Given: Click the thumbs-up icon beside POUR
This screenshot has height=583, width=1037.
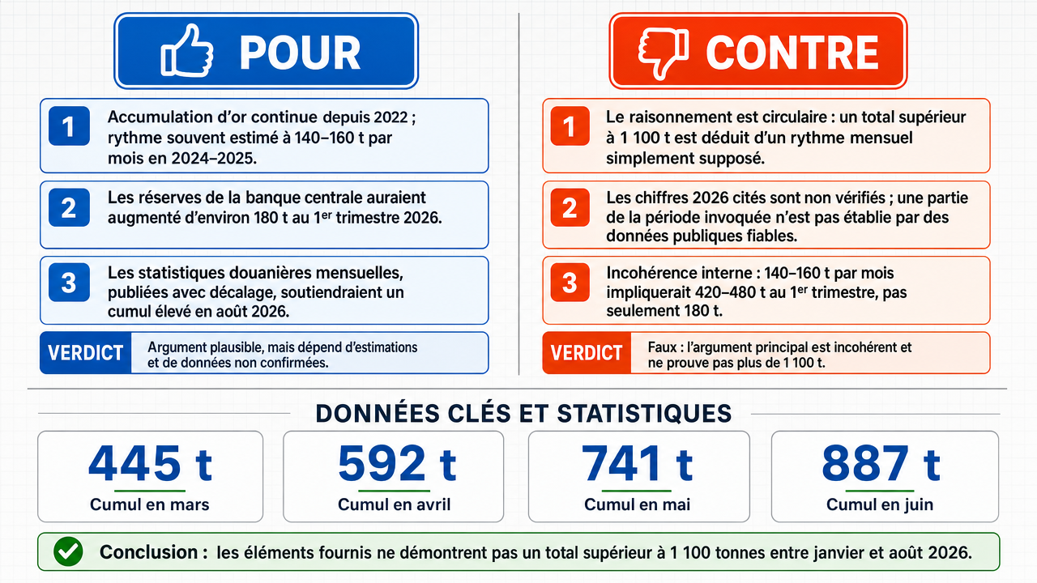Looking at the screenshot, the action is [x=186, y=51].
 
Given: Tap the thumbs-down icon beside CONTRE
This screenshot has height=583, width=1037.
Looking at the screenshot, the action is [x=663, y=53].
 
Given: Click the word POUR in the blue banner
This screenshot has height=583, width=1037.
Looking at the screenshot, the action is [x=300, y=53].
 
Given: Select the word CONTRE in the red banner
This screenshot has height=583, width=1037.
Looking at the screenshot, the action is [x=792, y=53].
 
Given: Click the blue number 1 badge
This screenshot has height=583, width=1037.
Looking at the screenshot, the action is [x=69, y=126].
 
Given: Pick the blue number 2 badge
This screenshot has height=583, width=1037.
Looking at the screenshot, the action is [x=69, y=207].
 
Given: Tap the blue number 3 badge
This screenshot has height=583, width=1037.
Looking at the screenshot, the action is [x=69, y=283].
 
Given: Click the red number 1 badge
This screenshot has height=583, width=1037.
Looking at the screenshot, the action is [x=570, y=126].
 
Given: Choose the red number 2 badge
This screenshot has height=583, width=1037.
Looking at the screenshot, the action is [x=570, y=207].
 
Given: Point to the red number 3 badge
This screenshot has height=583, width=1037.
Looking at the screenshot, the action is [x=570, y=283].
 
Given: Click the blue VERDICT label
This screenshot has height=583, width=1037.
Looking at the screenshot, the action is [x=86, y=352].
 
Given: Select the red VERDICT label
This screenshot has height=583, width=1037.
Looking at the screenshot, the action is [x=587, y=352].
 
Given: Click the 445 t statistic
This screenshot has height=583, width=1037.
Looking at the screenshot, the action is [x=150, y=464].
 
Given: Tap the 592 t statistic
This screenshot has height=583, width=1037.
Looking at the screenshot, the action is [x=397, y=464].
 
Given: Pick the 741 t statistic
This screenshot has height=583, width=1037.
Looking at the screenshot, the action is [x=637, y=464].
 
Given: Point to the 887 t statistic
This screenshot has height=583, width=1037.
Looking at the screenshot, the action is [x=881, y=464].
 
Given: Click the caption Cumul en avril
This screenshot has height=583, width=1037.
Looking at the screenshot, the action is [x=394, y=504].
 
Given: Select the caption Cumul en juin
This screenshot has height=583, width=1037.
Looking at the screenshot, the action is [x=880, y=504].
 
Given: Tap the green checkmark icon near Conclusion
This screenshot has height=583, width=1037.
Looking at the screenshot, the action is [x=68, y=551].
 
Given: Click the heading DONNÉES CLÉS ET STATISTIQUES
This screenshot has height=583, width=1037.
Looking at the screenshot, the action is [x=523, y=413].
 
